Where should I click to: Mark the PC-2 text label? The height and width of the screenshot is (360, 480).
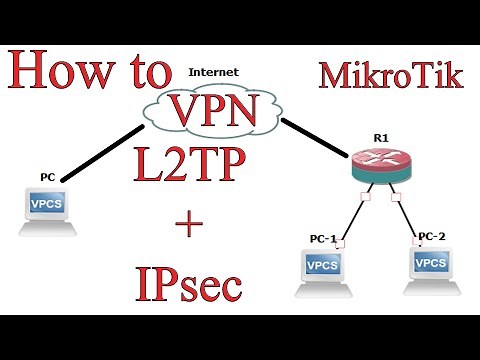point(431,235)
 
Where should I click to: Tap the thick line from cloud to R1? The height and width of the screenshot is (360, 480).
point(316,140)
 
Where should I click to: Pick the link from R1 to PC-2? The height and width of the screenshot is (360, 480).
point(408,214)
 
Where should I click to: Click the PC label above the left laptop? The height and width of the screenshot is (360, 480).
point(47,177)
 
